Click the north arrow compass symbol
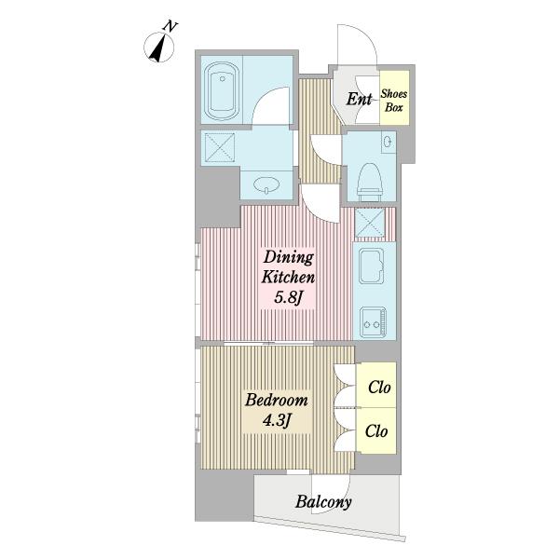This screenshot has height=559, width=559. point(159,47)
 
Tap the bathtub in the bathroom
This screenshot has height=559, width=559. point(222,91)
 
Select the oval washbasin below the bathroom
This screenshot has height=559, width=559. point(266,184)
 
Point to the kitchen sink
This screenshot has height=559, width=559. point(371,266)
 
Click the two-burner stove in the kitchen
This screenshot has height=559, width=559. point(373,322)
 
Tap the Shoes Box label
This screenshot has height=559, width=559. point(393,101)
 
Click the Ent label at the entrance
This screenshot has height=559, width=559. point(359,99)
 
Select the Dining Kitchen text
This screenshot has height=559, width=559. point(288,266)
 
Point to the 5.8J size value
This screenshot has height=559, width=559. point(289,297)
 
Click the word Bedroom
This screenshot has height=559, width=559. point(277,400)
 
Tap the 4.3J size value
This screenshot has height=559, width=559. point(277,420)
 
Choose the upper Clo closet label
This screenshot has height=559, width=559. point(379,387)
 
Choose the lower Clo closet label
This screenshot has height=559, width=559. point(376,431)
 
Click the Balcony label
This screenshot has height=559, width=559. point(323,502)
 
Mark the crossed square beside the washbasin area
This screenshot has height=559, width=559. point(218,147)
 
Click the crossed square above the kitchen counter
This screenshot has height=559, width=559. point(370,223)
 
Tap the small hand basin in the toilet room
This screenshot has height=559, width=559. point(387,142)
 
